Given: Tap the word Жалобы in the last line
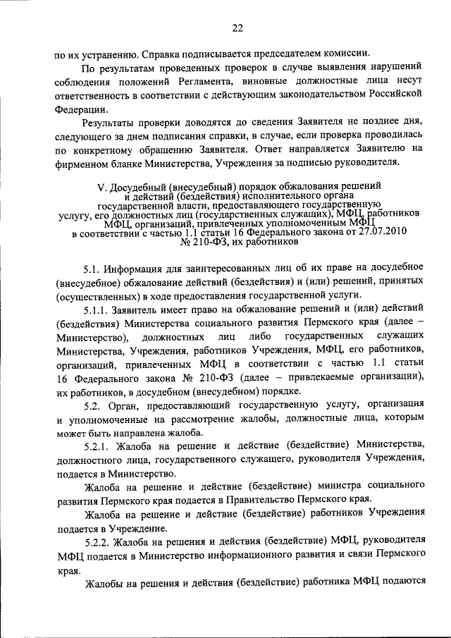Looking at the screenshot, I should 107,584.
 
